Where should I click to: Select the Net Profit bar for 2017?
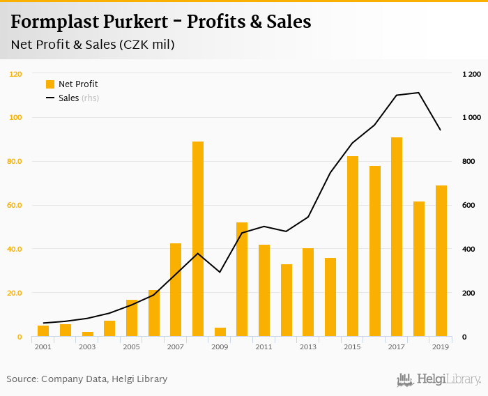(397, 237)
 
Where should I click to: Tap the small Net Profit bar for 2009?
(220, 332)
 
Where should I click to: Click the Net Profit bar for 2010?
(242, 280)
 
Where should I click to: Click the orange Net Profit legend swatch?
(50, 84)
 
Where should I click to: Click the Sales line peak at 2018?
(418, 93)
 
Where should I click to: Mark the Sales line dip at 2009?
(220, 272)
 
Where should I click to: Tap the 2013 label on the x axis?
(308, 346)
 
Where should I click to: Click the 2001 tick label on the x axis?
(43, 346)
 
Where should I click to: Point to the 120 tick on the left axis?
(16, 74)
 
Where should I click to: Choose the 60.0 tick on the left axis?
(15, 206)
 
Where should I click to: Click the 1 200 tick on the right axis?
(472, 74)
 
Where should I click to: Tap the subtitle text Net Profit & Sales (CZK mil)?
(93, 45)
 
